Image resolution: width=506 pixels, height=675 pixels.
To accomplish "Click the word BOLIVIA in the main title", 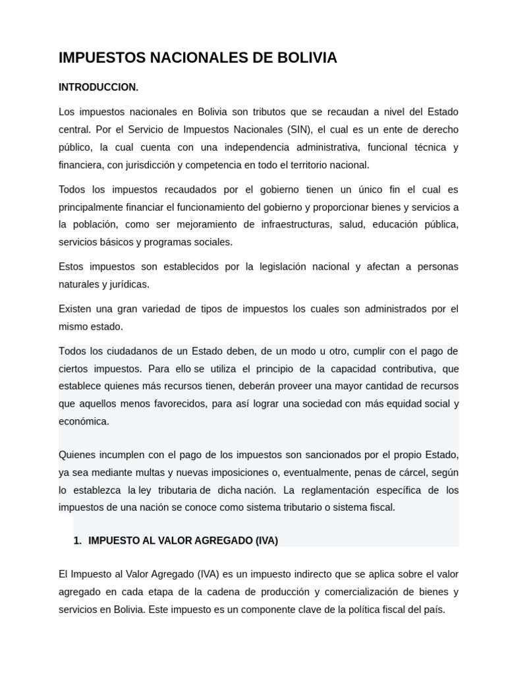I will (307, 58).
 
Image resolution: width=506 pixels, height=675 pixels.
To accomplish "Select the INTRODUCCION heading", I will (99, 87).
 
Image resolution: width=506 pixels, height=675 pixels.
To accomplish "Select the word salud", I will (351, 224).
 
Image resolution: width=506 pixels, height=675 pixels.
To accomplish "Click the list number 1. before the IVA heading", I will (77, 541).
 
